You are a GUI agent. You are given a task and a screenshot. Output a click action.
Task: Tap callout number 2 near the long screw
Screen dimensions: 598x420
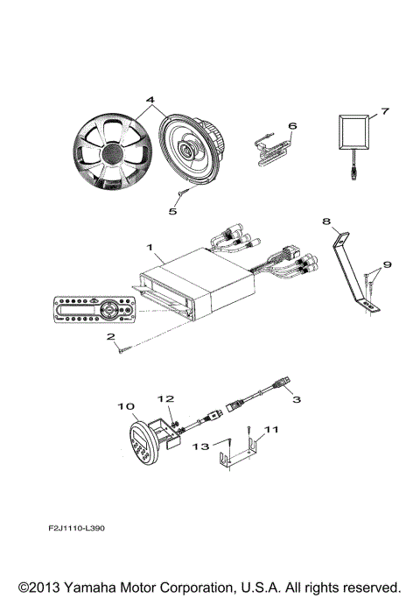coord(110,336)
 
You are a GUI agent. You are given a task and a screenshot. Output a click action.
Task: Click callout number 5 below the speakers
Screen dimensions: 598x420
coord(172,210)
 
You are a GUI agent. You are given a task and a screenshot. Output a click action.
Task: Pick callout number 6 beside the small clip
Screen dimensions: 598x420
coord(292,125)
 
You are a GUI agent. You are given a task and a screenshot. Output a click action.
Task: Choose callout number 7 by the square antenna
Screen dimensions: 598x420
coord(382,113)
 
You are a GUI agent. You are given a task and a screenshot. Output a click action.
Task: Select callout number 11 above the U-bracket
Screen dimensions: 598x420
coord(270,430)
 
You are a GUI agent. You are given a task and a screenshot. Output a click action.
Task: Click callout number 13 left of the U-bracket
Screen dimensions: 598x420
coord(201,447)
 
